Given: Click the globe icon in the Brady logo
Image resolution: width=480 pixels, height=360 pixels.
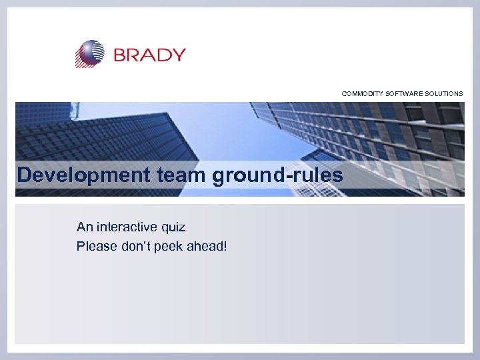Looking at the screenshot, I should click(90, 53).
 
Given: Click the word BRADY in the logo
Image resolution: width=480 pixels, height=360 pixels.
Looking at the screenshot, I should click(149, 55).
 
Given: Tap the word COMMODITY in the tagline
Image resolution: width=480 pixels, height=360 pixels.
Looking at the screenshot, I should click(363, 94).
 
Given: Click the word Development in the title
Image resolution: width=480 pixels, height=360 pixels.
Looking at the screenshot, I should click(84, 175).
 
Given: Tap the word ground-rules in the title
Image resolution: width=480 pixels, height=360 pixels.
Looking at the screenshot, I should click(278, 175).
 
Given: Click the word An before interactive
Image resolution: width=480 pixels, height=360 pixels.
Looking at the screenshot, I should click(85, 227).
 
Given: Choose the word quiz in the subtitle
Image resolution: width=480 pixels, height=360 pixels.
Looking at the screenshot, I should click(172, 227).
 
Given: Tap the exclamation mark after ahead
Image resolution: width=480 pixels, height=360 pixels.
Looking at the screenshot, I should click(225, 247).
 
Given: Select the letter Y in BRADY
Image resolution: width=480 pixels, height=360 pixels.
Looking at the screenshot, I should click(178, 55).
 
